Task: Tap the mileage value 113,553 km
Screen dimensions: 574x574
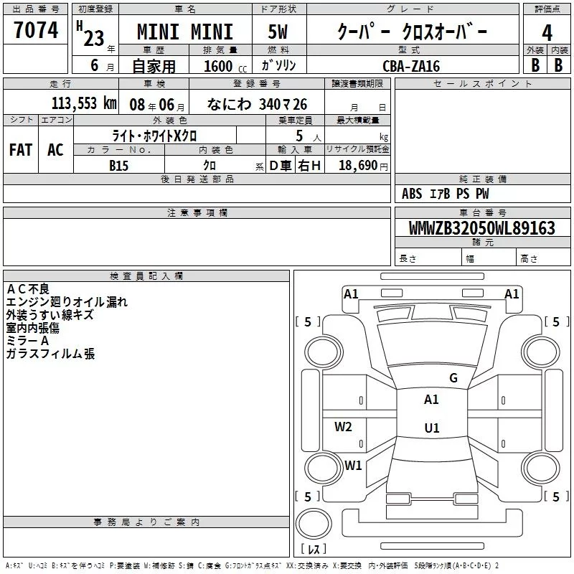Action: pos(84,103)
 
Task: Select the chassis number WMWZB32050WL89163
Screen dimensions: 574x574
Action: pos(481,228)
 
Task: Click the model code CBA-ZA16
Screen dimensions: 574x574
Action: pos(411,66)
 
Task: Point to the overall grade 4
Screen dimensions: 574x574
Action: pos(547,33)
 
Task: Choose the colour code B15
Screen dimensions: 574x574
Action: pos(118,165)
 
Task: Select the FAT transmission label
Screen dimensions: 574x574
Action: pos(21,149)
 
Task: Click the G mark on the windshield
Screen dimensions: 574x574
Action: pos(453,378)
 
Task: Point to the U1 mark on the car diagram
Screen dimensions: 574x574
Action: pos(431,428)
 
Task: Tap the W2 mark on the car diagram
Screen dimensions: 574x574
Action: pos(344,427)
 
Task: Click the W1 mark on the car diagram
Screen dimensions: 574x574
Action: pos(353,465)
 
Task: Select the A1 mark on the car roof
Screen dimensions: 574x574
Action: pos(431,400)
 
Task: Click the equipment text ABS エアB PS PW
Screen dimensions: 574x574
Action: pos(445,194)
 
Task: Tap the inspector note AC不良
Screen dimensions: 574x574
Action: pos(28,288)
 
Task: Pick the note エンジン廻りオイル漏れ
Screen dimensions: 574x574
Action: pos(66,302)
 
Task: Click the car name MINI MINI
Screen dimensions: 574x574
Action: pos(185,33)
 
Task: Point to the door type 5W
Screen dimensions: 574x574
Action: pos(278,33)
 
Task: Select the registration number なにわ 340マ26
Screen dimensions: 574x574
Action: pos(256,104)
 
